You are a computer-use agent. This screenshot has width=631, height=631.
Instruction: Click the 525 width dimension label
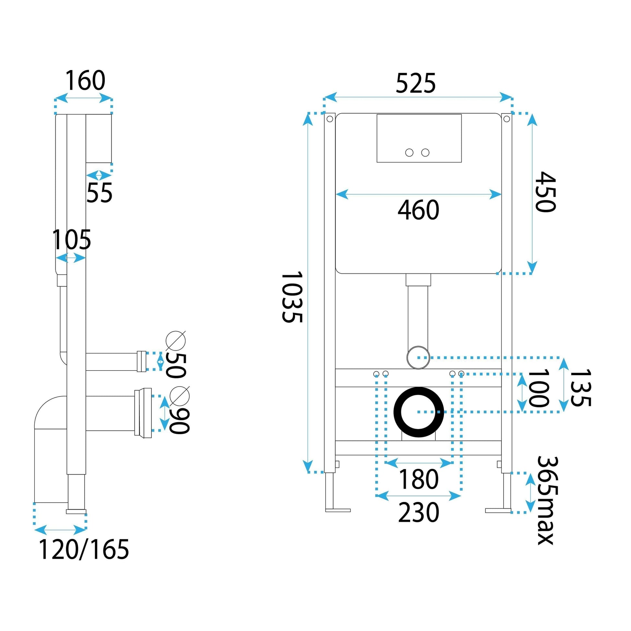[415, 84]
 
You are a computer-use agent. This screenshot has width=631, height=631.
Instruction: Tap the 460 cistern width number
[418, 210]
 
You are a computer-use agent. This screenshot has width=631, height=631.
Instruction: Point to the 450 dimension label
[545, 192]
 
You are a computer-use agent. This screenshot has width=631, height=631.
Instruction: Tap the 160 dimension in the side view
[86, 80]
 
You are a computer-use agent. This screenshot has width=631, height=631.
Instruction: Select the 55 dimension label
[99, 193]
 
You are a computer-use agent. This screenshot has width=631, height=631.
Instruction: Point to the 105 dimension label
[72, 240]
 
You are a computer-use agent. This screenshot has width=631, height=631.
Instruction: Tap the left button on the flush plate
[409, 152]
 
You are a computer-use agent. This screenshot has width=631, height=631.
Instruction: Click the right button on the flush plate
[425, 152]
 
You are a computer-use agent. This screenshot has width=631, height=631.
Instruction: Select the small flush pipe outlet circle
[418, 358]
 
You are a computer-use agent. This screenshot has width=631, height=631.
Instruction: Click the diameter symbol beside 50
[176, 341]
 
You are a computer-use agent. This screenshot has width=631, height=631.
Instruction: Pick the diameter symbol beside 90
[180, 396]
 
